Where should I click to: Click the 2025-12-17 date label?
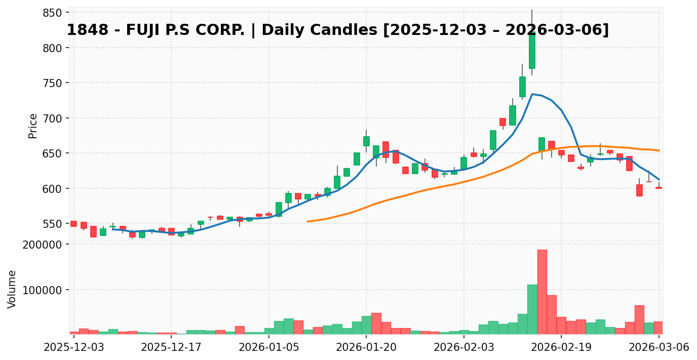pos(171,347)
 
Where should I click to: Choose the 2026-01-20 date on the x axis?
pos(366,347)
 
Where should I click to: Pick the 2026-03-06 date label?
pos(659,347)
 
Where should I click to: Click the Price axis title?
pos(33,126)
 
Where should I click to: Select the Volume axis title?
pos(12,289)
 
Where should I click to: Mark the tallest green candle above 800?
pos(532,50)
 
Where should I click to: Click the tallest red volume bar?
pos(542,292)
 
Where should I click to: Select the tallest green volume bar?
pos(532,309)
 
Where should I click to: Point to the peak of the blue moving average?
pos(532,94)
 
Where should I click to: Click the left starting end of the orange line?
pos(307,221)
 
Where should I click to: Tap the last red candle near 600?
pos(659,188)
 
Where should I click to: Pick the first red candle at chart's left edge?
pos(73,224)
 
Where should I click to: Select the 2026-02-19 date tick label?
pos(561,347)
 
